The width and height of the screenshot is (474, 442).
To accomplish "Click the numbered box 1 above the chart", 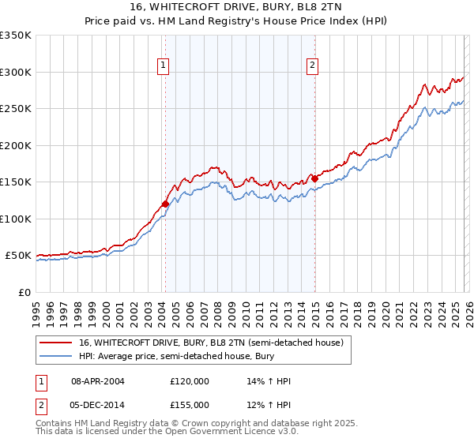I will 164,66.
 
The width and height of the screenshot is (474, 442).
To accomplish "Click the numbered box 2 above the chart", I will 313,66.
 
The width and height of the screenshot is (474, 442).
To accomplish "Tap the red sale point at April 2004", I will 165,204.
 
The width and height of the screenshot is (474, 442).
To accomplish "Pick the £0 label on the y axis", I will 25,292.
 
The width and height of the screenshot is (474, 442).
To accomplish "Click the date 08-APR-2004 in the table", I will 98,381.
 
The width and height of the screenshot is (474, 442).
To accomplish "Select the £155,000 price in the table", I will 189,405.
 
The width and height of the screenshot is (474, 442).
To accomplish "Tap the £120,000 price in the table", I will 189,381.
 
